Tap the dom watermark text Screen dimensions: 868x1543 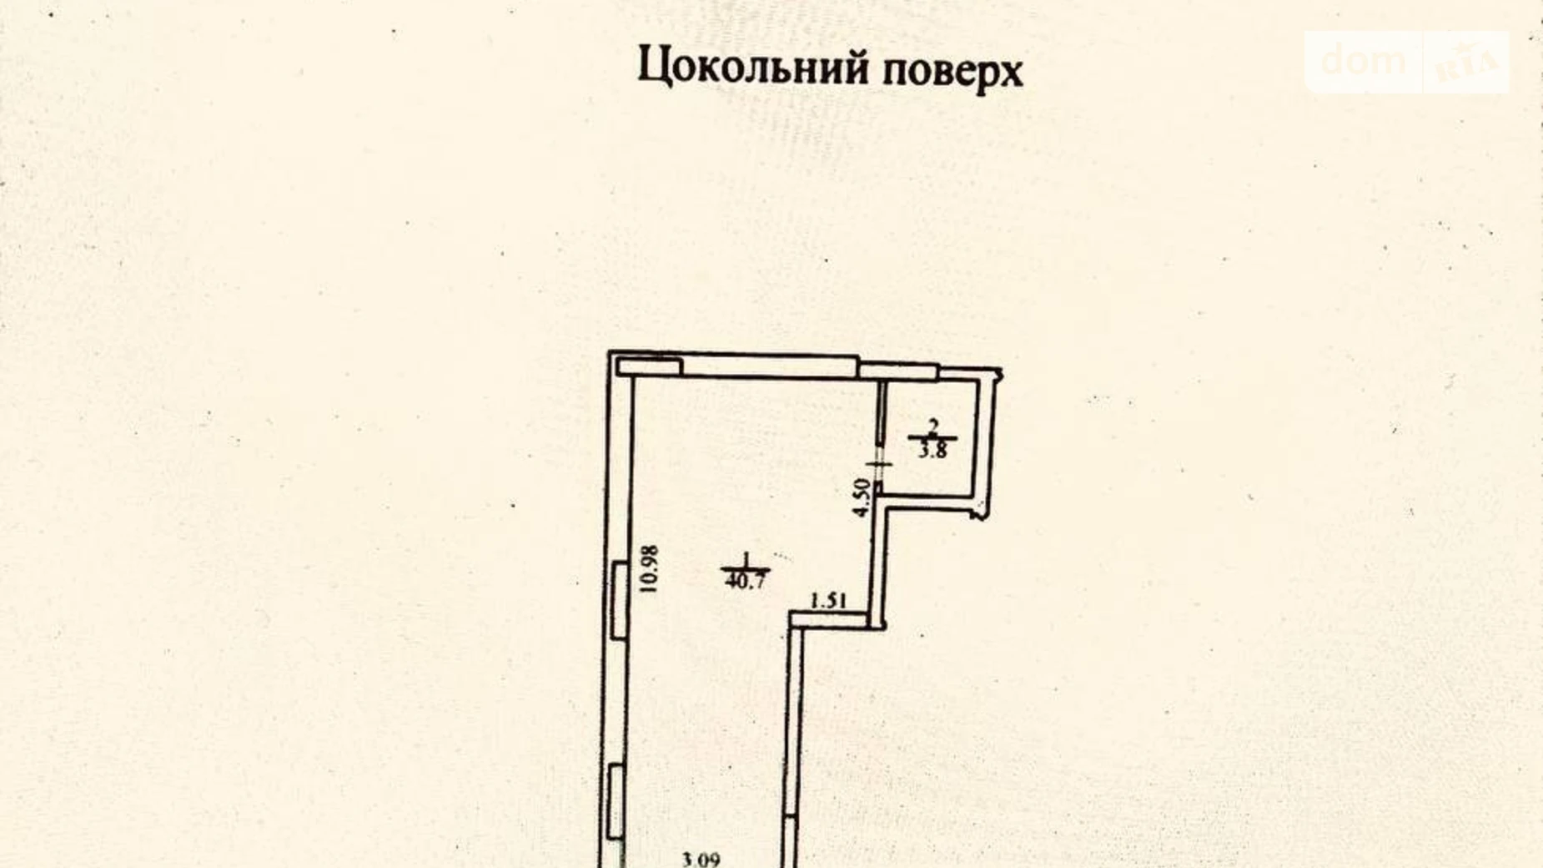click(1363, 60)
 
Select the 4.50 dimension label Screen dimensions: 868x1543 click(863, 498)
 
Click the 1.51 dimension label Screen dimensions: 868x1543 click(829, 600)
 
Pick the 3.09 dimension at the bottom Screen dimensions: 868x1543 click(701, 858)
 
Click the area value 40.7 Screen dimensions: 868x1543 click(745, 582)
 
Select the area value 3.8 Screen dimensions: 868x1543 click(932, 452)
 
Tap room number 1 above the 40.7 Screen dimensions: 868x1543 click(746, 559)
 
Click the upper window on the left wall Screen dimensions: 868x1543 click(619, 601)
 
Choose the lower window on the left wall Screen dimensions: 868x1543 click(616, 801)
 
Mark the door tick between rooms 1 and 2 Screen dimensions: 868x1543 click(879, 463)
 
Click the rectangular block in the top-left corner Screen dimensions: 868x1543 click(649, 366)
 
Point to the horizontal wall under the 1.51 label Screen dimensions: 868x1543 click(834, 619)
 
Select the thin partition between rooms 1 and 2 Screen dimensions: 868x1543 click(880, 417)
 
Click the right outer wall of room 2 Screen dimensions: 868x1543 click(988, 434)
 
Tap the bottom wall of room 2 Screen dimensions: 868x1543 click(930, 499)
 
